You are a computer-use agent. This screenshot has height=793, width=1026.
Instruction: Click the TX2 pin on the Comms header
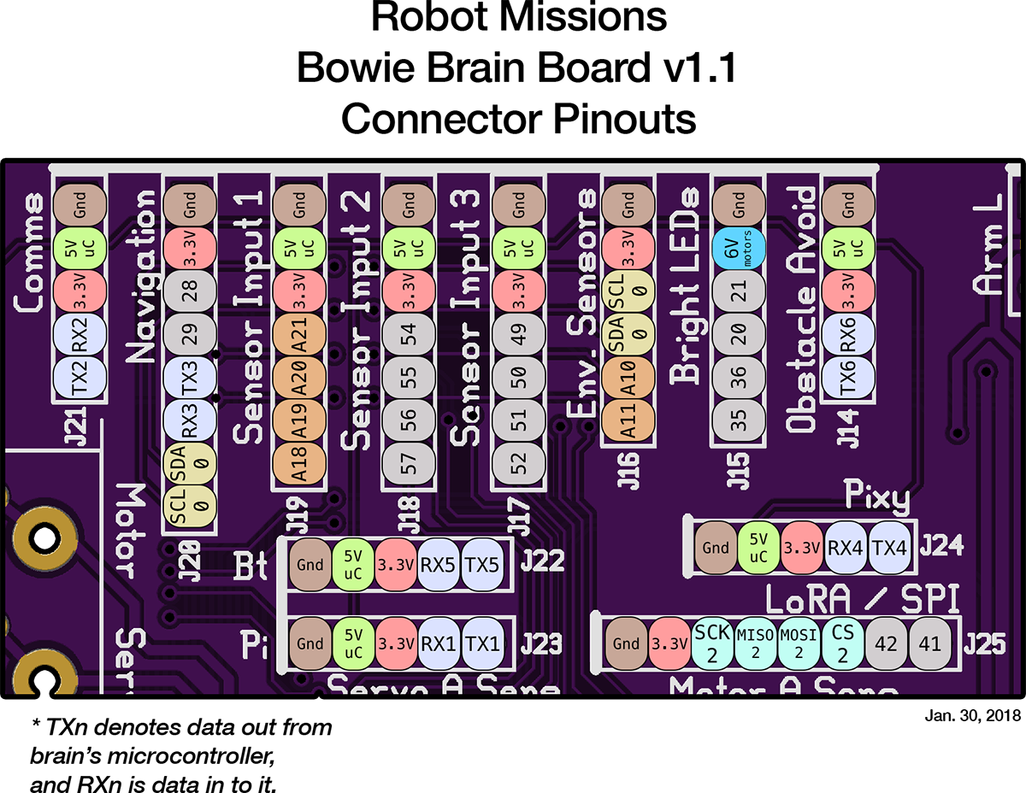80,378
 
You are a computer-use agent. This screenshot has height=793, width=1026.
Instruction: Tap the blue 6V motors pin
738,250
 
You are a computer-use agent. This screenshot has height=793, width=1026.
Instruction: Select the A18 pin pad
299,463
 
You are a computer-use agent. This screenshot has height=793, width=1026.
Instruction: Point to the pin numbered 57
409,463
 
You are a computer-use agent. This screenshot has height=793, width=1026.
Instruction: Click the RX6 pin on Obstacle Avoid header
847,336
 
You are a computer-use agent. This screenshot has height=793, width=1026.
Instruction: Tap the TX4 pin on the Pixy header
890,547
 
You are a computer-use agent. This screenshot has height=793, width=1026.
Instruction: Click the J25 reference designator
985,644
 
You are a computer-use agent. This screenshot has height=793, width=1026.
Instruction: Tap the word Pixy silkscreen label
876,496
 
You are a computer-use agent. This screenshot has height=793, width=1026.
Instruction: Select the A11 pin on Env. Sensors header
628,420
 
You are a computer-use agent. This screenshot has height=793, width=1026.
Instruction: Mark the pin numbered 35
738,420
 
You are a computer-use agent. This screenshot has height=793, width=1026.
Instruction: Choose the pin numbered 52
518,463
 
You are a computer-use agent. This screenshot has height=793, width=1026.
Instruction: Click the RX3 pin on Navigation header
190,420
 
